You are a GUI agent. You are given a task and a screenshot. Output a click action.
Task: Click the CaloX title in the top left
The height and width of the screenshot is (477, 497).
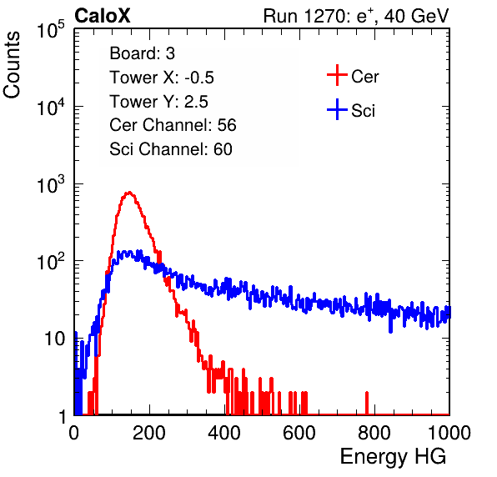(x=103, y=16)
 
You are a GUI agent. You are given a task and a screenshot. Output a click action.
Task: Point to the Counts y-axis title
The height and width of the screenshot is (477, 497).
(x=12, y=65)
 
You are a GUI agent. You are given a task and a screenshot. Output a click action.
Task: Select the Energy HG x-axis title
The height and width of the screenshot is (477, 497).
(x=393, y=457)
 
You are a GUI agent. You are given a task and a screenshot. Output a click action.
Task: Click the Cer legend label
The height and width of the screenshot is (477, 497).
(x=364, y=77)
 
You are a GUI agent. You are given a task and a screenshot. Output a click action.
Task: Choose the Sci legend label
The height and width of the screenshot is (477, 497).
(x=363, y=111)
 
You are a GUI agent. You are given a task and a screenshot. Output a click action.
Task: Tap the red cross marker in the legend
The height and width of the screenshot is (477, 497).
(x=337, y=75)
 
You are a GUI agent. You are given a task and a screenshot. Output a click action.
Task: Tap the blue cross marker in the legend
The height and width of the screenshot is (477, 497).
(x=337, y=110)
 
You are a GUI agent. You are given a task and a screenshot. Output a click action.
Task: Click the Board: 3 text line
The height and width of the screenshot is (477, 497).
(x=142, y=53)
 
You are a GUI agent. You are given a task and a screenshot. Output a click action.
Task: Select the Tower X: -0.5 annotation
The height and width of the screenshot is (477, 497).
(x=162, y=78)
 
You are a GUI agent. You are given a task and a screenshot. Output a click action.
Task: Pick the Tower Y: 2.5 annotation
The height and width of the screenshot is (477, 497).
(x=158, y=102)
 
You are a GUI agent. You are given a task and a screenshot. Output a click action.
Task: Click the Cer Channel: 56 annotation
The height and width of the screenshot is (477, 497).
(x=173, y=125)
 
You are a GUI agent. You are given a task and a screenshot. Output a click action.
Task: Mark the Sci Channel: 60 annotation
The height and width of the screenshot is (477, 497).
(x=171, y=149)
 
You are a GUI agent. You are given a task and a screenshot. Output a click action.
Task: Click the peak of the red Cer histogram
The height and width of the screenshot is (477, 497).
(x=129, y=192)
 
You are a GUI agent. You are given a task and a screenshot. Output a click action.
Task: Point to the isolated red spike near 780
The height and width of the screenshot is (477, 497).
(x=367, y=403)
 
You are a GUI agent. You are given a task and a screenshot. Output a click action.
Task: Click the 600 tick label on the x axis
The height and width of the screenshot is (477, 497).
(x=299, y=433)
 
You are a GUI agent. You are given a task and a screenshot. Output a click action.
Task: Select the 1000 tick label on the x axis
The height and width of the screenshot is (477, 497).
(x=449, y=433)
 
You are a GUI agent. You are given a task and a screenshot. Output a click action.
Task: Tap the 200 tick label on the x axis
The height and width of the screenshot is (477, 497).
(x=149, y=433)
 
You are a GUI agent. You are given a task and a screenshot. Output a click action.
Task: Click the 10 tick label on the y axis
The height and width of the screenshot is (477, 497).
(x=56, y=339)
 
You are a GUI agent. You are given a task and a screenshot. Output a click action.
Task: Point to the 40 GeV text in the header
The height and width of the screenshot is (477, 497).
(x=416, y=16)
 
